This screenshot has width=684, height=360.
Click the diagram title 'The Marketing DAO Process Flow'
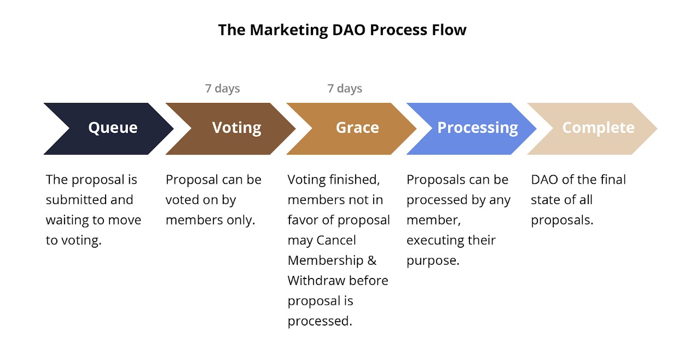click(342, 30)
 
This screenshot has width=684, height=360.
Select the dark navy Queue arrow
click(112, 128)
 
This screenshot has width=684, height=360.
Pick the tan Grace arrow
click(357, 128)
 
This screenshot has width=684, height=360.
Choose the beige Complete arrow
click(598, 128)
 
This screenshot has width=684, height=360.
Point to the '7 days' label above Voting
click(222, 88)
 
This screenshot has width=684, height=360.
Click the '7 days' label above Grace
click(345, 88)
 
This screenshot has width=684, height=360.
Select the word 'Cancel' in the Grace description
click(338, 240)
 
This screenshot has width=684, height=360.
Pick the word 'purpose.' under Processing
click(432, 260)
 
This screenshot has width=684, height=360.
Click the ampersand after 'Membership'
click(372, 260)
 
